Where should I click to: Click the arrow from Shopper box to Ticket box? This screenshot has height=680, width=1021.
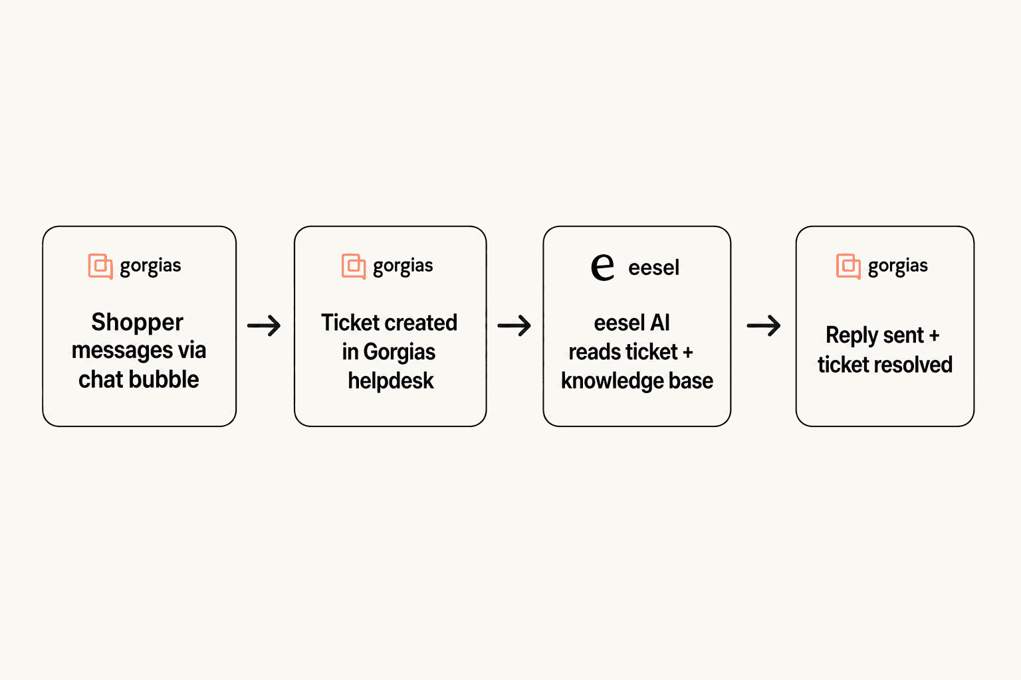(x=264, y=325)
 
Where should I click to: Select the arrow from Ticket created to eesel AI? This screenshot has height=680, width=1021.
(x=514, y=325)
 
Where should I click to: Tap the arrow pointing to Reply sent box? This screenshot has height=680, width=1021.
(x=764, y=325)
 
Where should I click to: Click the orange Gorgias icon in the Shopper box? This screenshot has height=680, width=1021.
(x=100, y=266)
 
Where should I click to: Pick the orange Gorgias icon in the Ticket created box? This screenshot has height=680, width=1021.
(x=354, y=266)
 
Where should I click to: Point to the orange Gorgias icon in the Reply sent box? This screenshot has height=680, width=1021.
(x=848, y=266)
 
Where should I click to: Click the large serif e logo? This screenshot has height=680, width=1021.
(x=603, y=267)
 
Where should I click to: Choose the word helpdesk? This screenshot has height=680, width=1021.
(x=391, y=381)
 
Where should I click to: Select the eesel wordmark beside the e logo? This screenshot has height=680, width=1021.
(x=653, y=268)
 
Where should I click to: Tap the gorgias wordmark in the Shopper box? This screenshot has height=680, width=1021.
(x=150, y=266)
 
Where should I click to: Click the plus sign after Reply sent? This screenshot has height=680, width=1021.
(x=934, y=336)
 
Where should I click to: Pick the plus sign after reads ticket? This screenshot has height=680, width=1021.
(x=688, y=352)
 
